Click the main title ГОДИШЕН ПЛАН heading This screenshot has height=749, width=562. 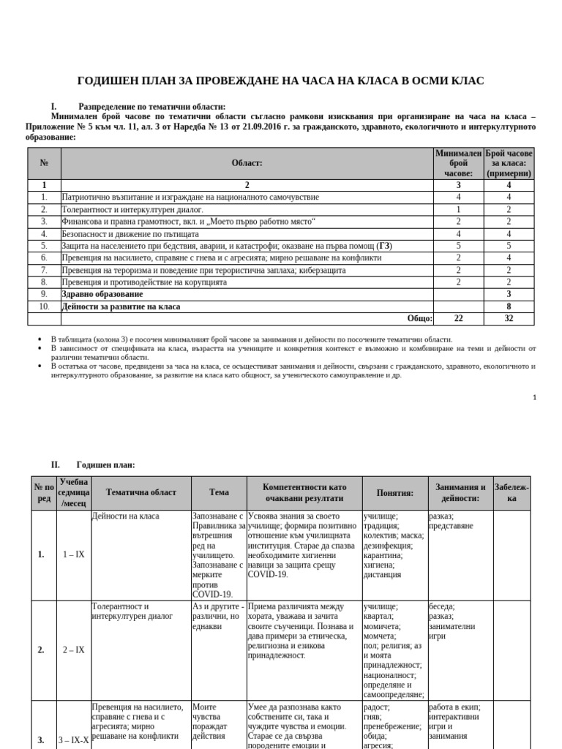[280, 80]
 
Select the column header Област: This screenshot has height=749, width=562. [247, 163]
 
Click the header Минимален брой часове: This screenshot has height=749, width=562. [458, 163]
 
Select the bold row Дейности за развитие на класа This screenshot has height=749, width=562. [121, 306]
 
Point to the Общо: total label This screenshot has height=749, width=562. [420, 318]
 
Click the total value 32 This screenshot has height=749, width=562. [509, 318]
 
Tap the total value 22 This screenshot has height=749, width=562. [458, 318]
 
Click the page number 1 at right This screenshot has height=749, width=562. [534, 397]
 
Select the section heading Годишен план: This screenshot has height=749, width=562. [105, 464]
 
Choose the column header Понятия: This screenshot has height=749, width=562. [395, 492]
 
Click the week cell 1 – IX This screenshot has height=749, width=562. [73, 554]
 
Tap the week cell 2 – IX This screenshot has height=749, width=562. [73, 649]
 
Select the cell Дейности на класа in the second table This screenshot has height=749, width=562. [126, 516]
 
